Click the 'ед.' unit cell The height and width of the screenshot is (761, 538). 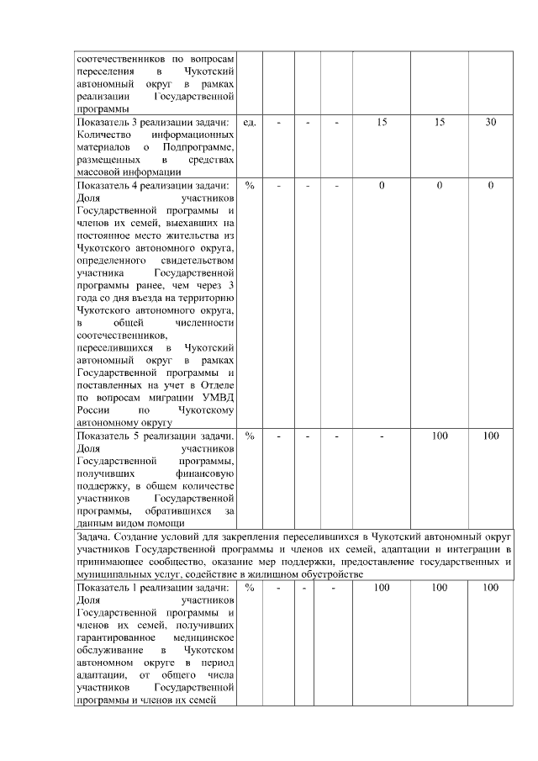coord(249,123)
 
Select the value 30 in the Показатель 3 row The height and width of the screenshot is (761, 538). coord(490,123)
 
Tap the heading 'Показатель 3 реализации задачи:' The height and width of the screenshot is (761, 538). coord(152,123)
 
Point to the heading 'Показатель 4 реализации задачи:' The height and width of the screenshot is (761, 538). coord(152,185)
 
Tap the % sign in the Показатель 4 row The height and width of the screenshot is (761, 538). coord(249,185)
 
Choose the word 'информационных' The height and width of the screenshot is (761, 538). coord(193,135)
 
